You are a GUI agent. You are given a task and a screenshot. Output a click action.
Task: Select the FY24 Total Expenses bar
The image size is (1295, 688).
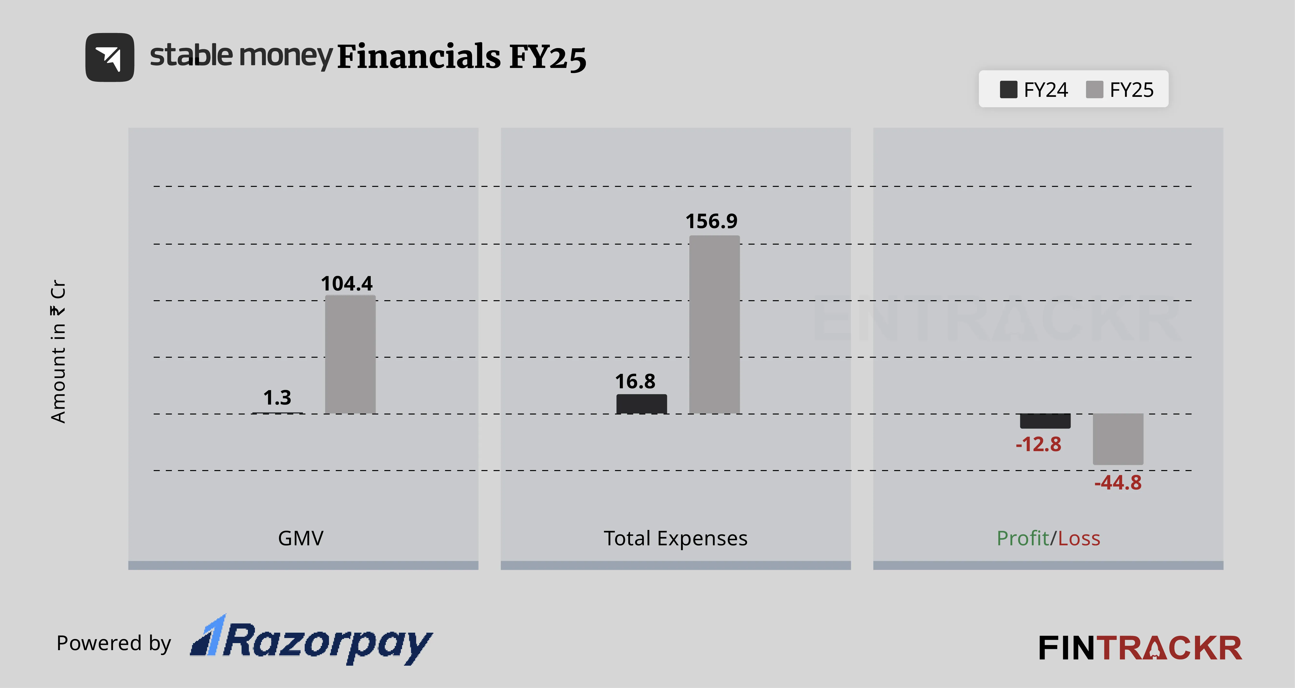click(x=641, y=404)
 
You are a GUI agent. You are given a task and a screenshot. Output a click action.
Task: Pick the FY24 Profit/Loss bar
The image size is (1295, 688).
click(x=1045, y=421)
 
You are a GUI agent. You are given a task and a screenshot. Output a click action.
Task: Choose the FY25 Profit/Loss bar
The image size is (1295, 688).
click(x=1118, y=439)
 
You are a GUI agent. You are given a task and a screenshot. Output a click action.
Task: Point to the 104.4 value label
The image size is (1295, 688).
click(x=347, y=284)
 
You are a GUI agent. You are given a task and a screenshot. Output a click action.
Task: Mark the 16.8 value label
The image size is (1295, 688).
click(x=635, y=381)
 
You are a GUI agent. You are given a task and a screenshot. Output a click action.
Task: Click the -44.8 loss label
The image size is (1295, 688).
click(x=1118, y=482)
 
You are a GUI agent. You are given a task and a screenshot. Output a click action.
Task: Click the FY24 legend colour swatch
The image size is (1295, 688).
click(x=1009, y=90)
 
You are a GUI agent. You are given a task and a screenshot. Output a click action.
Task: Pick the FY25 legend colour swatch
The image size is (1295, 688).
click(x=1094, y=90)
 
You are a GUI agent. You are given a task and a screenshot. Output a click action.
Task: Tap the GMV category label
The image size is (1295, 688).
click(x=301, y=538)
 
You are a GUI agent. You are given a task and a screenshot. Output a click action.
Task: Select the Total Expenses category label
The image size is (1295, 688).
click(x=676, y=538)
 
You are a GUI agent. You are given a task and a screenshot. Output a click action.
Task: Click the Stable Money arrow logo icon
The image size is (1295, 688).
click(x=109, y=57)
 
